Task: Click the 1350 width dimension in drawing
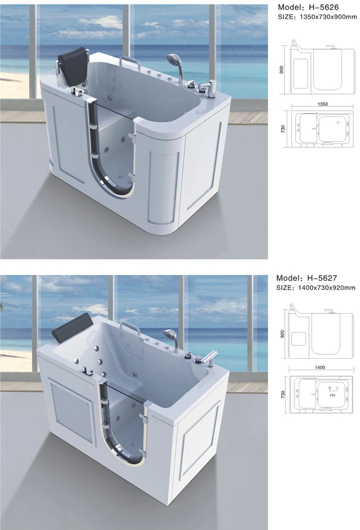pos(322,104)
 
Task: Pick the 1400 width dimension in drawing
pos(320,368)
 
